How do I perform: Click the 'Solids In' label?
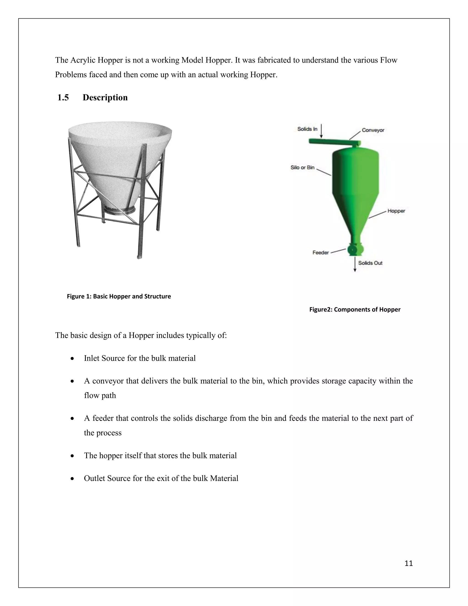[x=307, y=129]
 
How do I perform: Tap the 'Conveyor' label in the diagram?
[x=373, y=130]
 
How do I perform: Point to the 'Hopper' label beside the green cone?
[x=396, y=211]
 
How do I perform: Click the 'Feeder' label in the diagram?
[x=321, y=252]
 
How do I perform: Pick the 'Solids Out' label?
[x=370, y=263]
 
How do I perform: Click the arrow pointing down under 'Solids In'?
[x=321, y=131]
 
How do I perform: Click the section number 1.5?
[x=63, y=98]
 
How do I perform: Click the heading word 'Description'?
[x=105, y=98]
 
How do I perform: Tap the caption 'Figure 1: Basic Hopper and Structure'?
[x=119, y=296]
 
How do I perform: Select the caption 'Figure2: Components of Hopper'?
[x=355, y=309]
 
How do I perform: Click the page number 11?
[x=408, y=563]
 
